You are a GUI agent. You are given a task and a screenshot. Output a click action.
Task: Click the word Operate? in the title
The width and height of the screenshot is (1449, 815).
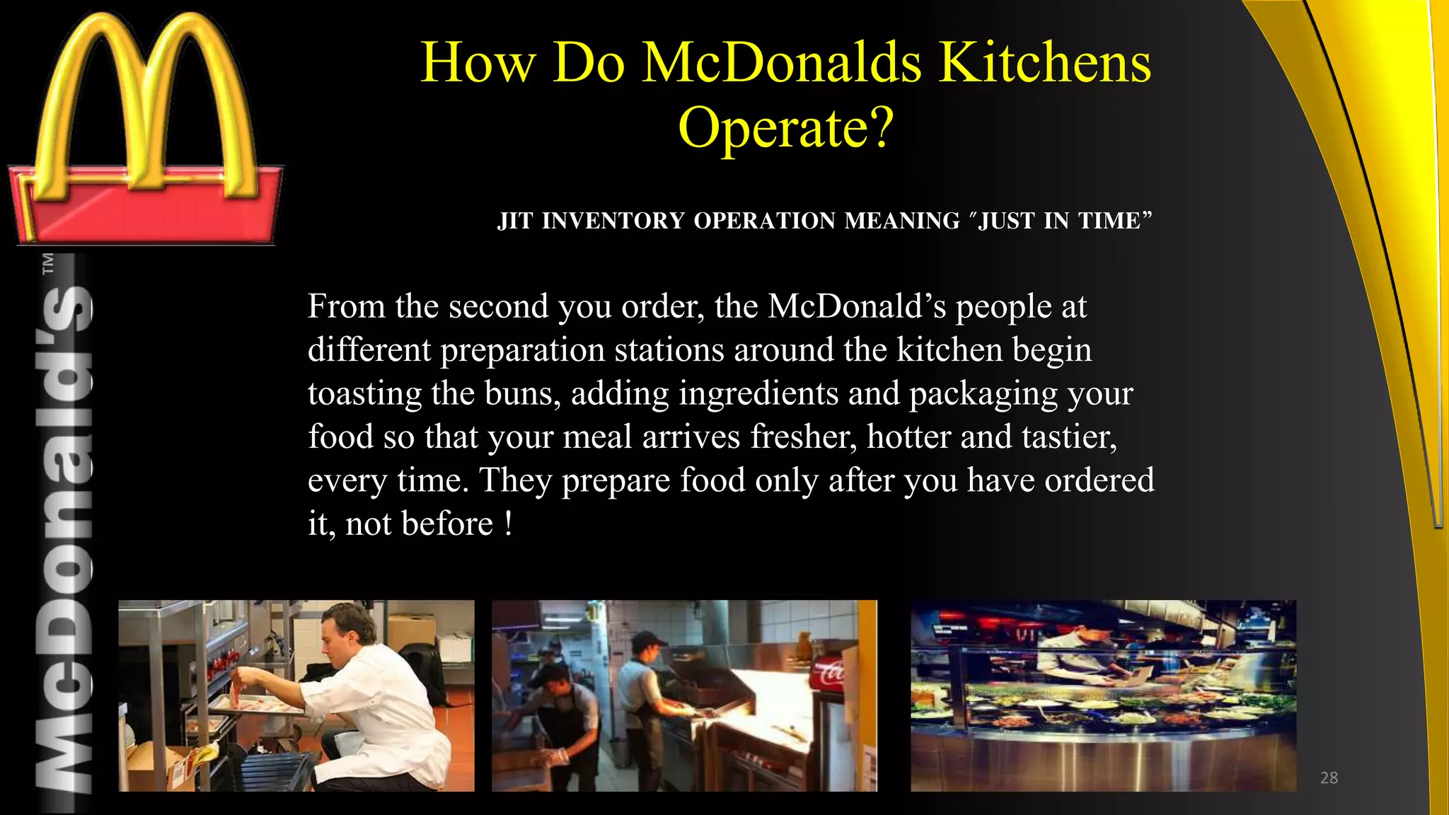(x=786, y=128)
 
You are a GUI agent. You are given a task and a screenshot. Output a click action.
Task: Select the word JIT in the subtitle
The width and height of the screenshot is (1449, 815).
(x=514, y=221)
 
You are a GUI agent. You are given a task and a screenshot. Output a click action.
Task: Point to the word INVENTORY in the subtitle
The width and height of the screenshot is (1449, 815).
(x=613, y=221)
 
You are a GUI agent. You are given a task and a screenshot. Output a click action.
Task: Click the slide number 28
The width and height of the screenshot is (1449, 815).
(x=1329, y=778)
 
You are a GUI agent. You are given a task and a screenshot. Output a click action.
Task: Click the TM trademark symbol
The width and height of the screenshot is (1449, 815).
(x=48, y=263)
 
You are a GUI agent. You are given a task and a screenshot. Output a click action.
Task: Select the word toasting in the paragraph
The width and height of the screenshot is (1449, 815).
(x=364, y=394)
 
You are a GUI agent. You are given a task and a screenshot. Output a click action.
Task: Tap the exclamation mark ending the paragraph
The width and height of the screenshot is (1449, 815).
(x=508, y=524)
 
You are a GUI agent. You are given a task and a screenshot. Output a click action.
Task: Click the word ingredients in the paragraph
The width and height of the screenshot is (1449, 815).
(x=758, y=394)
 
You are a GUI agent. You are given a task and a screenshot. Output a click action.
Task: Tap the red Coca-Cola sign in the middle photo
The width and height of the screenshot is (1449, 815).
(x=829, y=672)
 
